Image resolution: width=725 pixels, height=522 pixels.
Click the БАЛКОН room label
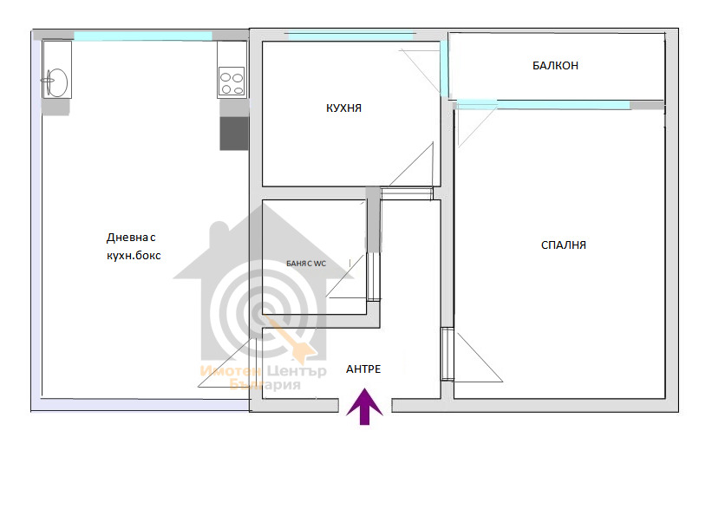(555, 66)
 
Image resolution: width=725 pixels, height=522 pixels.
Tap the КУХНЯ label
(343, 108)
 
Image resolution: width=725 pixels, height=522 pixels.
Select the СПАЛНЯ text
(563, 245)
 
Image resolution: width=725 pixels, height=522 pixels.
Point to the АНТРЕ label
(363, 369)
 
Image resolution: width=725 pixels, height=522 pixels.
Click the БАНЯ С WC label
(306, 264)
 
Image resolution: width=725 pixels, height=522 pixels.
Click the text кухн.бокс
(134, 256)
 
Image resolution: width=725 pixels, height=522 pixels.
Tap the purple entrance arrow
(364, 407)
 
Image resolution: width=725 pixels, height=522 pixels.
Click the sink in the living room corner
(57, 82)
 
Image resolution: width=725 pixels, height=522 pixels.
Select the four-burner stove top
(232, 82)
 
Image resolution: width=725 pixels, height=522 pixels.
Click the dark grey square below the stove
(234, 134)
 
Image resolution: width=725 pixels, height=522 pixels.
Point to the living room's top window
(143, 36)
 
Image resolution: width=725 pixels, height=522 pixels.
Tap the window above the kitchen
(350, 36)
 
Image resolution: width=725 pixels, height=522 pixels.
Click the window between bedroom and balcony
(543, 105)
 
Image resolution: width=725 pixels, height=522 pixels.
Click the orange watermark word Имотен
(231, 371)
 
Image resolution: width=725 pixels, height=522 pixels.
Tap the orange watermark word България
(265, 385)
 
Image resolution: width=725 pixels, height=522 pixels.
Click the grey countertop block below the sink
(56, 107)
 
